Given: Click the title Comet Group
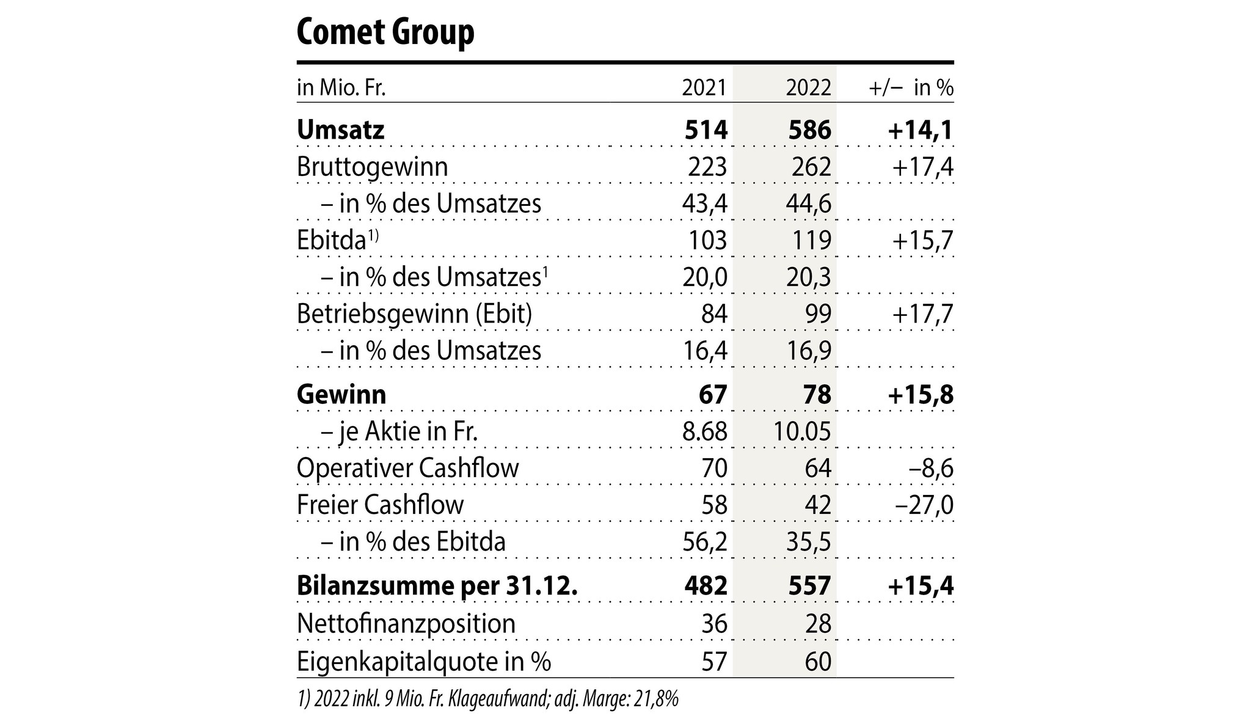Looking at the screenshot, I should [x=385, y=33].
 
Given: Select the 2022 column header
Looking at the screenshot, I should [x=809, y=89].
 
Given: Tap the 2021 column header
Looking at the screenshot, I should [x=704, y=89].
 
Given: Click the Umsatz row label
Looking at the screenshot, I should [x=340, y=131].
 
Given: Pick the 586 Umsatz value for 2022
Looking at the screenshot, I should [x=809, y=131].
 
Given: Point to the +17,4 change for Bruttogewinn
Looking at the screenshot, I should [x=922, y=167].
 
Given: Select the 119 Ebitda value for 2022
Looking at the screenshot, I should [x=811, y=241].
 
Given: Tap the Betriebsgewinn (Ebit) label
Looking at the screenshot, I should [x=414, y=314].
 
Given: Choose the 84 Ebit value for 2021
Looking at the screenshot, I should [x=714, y=314].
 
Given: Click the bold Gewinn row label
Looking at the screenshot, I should [x=341, y=395].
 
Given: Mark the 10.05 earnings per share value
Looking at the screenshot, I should [x=802, y=432].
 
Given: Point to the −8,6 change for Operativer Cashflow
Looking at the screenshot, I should [x=931, y=469].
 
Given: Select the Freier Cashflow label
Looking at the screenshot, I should [x=380, y=505].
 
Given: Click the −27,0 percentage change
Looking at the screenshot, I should [x=925, y=505].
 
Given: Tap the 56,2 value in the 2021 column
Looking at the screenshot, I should [x=704, y=542].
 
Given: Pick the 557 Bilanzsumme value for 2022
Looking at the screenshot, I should [x=809, y=586].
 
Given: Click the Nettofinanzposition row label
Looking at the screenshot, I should [x=406, y=624].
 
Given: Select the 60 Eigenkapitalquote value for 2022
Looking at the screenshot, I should [x=818, y=662].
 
